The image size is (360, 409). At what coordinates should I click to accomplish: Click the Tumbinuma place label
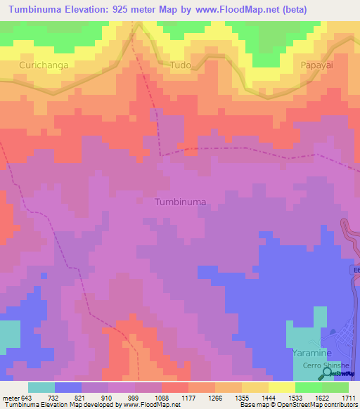tap(180, 202)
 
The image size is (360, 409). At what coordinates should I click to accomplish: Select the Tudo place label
tap(180, 65)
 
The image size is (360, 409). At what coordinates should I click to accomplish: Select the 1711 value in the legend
tap(347, 398)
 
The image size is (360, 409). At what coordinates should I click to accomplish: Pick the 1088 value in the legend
tap(161, 398)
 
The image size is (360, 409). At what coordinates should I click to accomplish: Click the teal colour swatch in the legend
tap(41, 387)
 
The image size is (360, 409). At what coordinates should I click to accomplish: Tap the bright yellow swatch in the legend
tap(281, 387)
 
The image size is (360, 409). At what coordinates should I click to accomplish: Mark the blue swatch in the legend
tap(67, 387)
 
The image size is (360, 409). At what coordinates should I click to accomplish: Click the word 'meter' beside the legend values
tap(10, 398)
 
